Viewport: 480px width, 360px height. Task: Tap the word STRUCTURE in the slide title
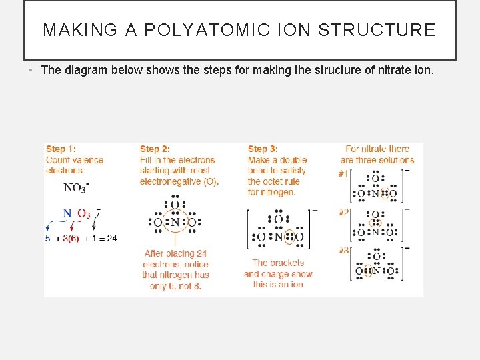(377, 30)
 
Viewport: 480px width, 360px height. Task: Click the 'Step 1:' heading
(61, 149)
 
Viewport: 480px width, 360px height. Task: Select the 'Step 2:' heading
(155, 149)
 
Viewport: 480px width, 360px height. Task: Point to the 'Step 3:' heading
(263, 149)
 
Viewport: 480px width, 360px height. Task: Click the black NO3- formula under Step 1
(75, 188)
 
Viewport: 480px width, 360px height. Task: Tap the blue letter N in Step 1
(67, 214)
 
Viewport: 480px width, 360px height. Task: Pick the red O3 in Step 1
(83, 214)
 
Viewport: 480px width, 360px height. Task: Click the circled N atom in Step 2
(175, 222)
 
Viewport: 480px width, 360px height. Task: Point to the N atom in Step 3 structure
(279, 237)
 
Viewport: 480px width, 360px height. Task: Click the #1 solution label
(343, 173)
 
